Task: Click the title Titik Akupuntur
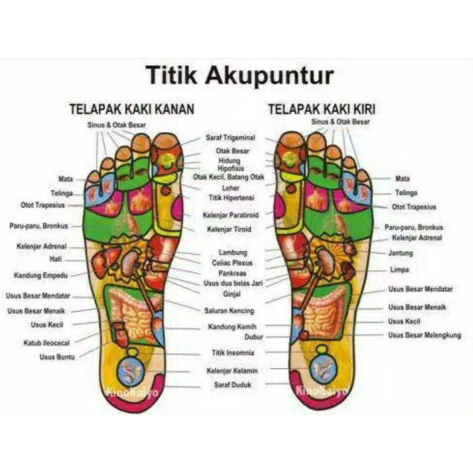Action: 239,76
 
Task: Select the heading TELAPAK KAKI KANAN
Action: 132,109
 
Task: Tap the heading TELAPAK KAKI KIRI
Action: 322,109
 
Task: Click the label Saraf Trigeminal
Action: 231,138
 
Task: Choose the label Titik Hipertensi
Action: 230,197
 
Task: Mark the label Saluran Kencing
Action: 229,311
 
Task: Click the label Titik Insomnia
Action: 233,353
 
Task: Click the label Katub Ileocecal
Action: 47,342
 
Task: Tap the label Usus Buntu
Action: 56,357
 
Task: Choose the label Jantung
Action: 400,252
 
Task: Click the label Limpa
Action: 399,270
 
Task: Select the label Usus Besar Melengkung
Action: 424,335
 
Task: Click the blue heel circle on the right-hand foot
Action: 323,368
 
